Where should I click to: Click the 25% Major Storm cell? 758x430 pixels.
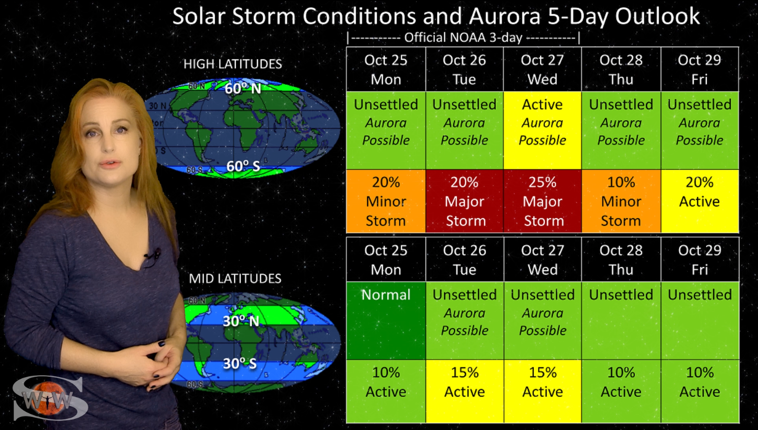pyautogui.click(x=543, y=201)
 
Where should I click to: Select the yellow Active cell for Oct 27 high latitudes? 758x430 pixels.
pyautogui.click(x=543, y=130)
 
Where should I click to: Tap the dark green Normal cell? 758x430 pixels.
pyautogui.click(x=386, y=320)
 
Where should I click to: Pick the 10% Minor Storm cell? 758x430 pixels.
pyautogui.click(x=621, y=201)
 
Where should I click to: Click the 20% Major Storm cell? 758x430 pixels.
pyautogui.click(x=464, y=201)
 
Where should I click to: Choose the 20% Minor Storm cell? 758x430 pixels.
pyautogui.click(x=386, y=201)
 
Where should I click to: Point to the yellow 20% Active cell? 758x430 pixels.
pyautogui.click(x=700, y=201)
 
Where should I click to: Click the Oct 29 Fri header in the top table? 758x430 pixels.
pyautogui.click(x=700, y=69)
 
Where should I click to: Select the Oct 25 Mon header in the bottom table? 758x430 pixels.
pyautogui.click(x=386, y=260)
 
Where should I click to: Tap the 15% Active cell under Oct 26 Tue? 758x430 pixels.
pyautogui.click(x=464, y=391)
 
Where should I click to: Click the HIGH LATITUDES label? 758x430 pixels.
pyautogui.click(x=233, y=64)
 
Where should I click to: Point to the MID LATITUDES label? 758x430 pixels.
pyautogui.click(x=235, y=278)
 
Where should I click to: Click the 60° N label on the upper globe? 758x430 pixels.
pyautogui.click(x=243, y=89)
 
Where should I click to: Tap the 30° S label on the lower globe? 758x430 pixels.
pyautogui.click(x=240, y=364)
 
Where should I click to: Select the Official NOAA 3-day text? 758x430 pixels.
pyautogui.click(x=463, y=38)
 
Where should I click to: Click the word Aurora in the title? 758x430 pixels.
pyautogui.click(x=505, y=16)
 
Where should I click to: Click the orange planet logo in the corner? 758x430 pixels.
pyautogui.click(x=48, y=398)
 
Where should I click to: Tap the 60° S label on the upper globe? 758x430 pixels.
pyautogui.click(x=243, y=166)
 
